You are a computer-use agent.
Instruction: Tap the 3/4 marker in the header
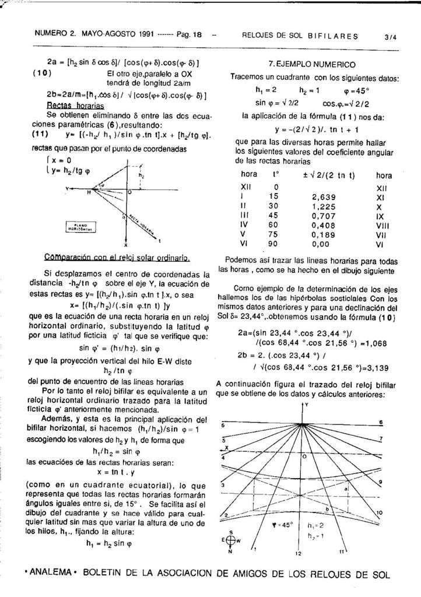coord(390,36)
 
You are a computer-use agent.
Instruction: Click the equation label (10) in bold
coord(43,73)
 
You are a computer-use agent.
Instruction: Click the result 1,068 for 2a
coord(371,343)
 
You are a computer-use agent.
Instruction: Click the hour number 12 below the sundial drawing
coord(298,552)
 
